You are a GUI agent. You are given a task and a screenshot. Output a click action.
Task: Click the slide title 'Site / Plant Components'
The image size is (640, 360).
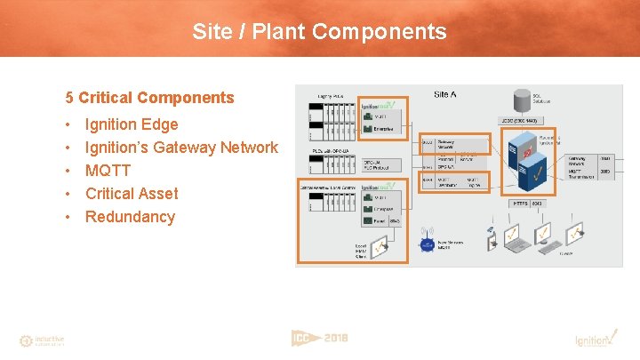pyautogui.click(x=319, y=32)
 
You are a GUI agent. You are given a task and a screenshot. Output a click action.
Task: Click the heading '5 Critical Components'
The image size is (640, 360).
pyautogui.click(x=149, y=98)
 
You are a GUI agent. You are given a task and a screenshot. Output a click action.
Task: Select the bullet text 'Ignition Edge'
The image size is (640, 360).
pyautogui.click(x=132, y=124)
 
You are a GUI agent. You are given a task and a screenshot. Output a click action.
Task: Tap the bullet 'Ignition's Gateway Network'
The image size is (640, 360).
pyautogui.click(x=181, y=148)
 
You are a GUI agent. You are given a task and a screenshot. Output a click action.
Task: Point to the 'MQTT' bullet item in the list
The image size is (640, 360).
pyautogui.click(x=108, y=171)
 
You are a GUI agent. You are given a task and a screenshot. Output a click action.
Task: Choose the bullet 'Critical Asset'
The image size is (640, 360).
pyautogui.click(x=132, y=194)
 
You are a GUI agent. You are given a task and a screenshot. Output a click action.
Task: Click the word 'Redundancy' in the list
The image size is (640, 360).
pyautogui.click(x=130, y=217)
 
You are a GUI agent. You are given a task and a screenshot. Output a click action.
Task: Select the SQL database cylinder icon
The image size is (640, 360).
pyautogui.click(x=521, y=99)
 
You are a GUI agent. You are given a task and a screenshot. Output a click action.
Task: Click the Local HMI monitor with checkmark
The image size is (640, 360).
pyautogui.click(x=381, y=244)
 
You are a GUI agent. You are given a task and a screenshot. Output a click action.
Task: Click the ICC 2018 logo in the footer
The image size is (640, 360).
pyautogui.click(x=319, y=338)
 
